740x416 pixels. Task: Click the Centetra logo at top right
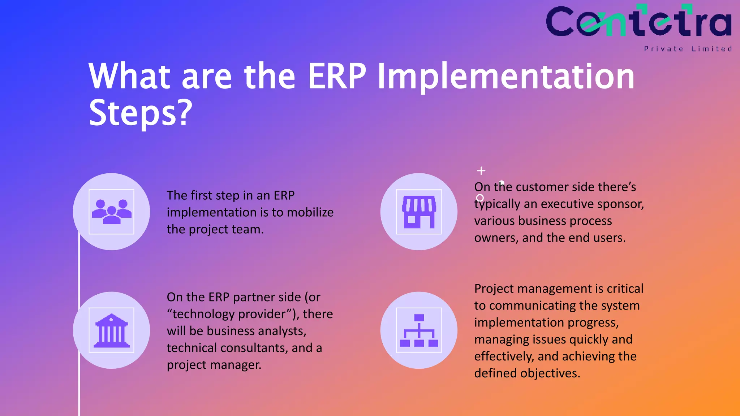[x=638, y=22]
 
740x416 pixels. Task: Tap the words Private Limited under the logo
[x=688, y=49]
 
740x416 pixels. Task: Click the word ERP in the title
[x=337, y=77]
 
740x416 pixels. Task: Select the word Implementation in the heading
[x=506, y=77]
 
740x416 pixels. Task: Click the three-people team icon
[x=111, y=212]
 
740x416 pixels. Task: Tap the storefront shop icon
[x=419, y=212]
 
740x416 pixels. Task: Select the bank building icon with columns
[x=111, y=330]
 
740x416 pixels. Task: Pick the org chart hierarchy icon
[x=419, y=330]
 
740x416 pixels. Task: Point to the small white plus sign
[x=481, y=170]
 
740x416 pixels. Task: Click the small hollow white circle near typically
[x=480, y=198]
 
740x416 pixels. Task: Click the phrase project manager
[x=214, y=365]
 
